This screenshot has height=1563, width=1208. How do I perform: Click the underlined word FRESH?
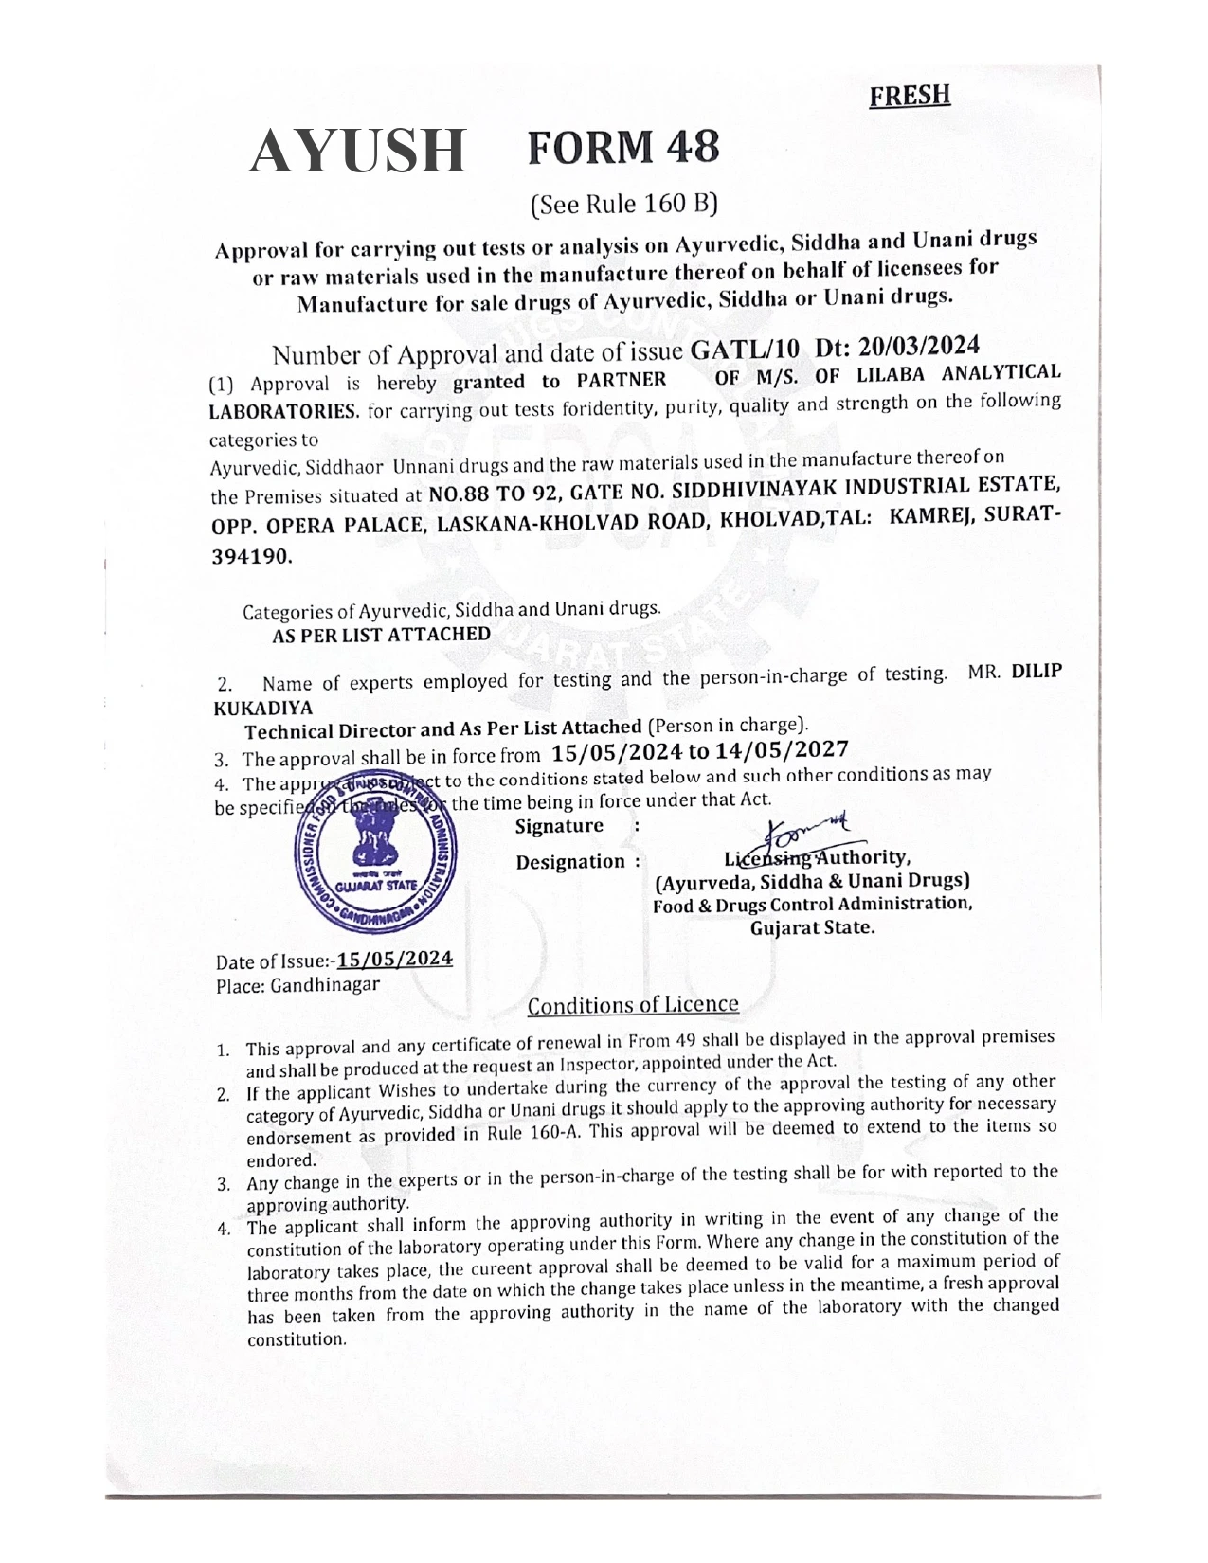pyautogui.click(x=909, y=95)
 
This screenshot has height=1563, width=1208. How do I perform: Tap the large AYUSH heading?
pyautogui.click(x=358, y=152)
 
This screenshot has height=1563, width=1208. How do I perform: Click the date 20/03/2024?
pyautogui.click(x=916, y=345)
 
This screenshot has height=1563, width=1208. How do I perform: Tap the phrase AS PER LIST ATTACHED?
pyautogui.click(x=381, y=635)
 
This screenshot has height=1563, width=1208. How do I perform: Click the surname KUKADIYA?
pyautogui.click(x=262, y=708)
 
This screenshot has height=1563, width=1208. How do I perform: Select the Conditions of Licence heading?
pyautogui.click(x=633, y=1005)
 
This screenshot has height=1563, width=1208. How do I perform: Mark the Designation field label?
pyautogui.click(x=570, y=862)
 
